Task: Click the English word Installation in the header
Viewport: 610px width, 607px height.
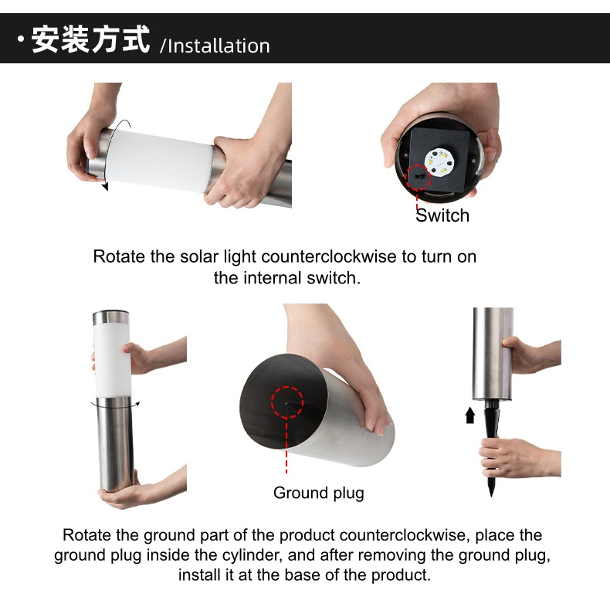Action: (x=219, y=46)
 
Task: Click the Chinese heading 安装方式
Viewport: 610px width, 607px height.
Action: (x=90, y=39)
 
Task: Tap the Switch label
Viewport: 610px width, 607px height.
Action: (x=442, y=215)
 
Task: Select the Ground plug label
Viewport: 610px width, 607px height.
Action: (x=319, y=493)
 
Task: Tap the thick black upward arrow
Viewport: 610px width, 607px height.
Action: (x=470, y=415)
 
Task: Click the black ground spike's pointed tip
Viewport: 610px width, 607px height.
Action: (x=491, y=496)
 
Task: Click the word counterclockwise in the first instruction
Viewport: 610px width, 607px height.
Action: (x=329, y=257)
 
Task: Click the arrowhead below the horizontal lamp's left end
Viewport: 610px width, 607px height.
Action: (x=105, y=187)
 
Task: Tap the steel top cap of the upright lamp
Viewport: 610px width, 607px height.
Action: (x=111, y=317)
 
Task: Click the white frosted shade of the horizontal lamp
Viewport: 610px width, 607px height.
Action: (x=160, y=160)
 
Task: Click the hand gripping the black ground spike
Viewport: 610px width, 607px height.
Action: (x=513, y=458)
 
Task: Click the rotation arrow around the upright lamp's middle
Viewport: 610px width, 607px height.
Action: (x=115, y=405)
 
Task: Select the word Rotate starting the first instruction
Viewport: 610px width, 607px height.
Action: (x=119, y=257)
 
